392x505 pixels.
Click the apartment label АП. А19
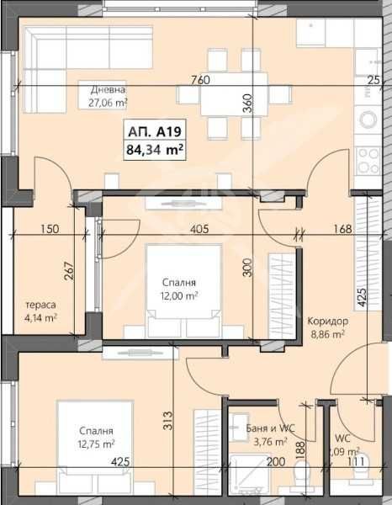click(156, 132)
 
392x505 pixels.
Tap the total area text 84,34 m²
click(156, 151)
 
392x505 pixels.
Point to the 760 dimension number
click(200, 80)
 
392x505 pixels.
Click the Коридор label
click(327, 322)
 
